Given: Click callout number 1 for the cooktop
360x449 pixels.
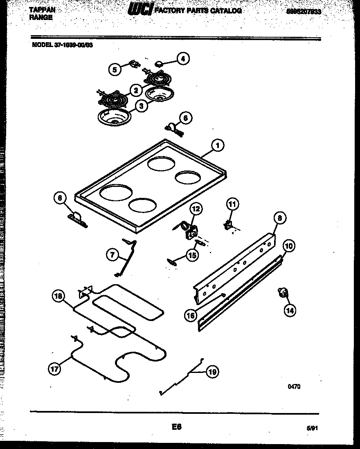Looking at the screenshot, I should pos(218,145).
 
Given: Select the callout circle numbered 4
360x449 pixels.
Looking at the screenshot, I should pos(183,59).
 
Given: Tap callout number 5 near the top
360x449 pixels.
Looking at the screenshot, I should pos(115,70).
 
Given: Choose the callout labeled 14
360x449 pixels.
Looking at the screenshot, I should pos(290,310).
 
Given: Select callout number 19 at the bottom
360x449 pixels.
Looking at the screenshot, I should pos(212,372).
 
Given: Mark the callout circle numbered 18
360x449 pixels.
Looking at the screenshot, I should pos(59,296).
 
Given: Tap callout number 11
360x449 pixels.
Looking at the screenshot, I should pos(232,204).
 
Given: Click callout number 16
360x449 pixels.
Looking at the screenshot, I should pos(191,315).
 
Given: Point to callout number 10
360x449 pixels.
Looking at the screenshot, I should pos(289,246).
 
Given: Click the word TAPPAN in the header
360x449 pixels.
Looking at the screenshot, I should pos(42,9).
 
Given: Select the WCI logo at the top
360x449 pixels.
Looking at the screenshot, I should pos(140,10).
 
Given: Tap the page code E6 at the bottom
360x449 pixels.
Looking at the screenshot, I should pos(176,427).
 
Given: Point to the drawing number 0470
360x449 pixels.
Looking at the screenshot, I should pos(294,386).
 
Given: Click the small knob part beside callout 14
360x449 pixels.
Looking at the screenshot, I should pos(282,292).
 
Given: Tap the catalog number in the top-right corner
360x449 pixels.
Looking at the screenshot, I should pos(304,12).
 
